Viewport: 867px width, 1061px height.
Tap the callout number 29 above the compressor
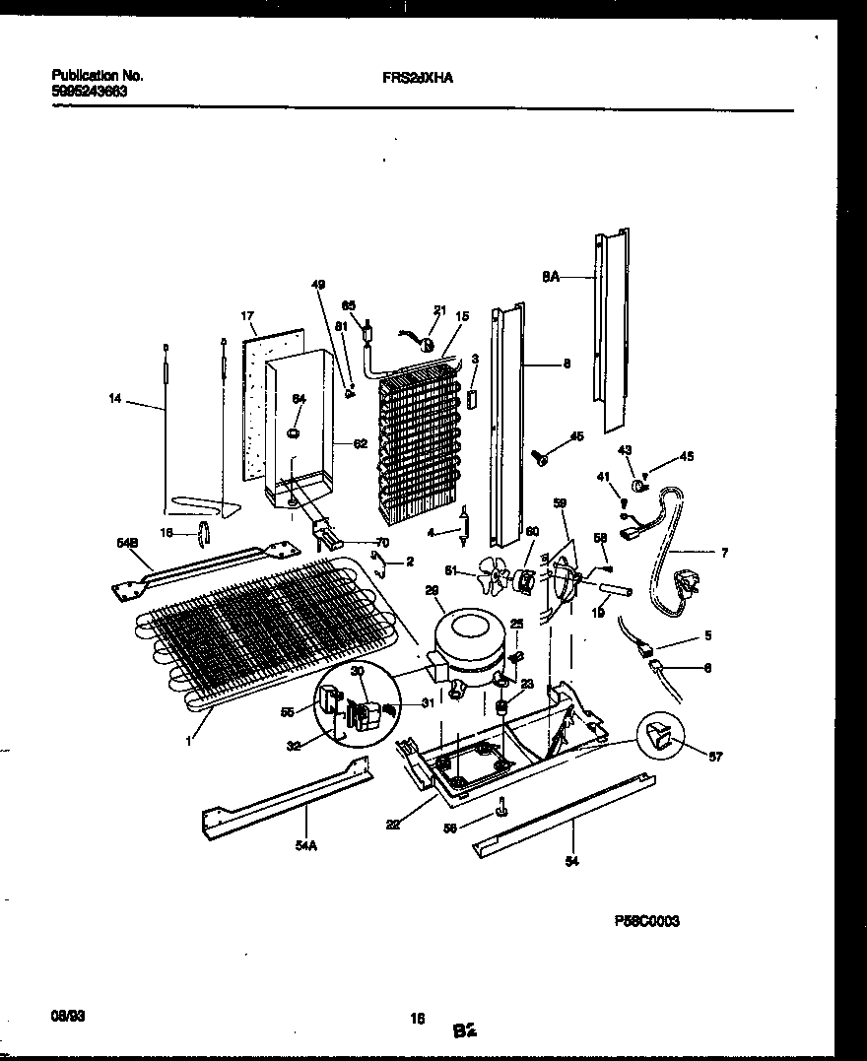pyautogui.click(x=431, y=589)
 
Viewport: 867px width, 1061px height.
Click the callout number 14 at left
pyautogui.click(x=116, y=399)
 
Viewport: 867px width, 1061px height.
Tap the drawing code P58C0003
pyautogui.click(x=647, y=920)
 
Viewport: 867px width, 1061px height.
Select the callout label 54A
pyautogui.click(x=304, y=846)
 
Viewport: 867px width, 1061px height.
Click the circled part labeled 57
pyautogui.click(x=662, y=734)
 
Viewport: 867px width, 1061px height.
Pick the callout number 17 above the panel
pyautogui.click(x=247, y=316)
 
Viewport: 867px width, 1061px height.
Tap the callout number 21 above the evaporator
pyautogui.click(x=439, y=310)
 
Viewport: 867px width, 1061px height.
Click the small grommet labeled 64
pyautogui.click(x=293, y=434)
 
